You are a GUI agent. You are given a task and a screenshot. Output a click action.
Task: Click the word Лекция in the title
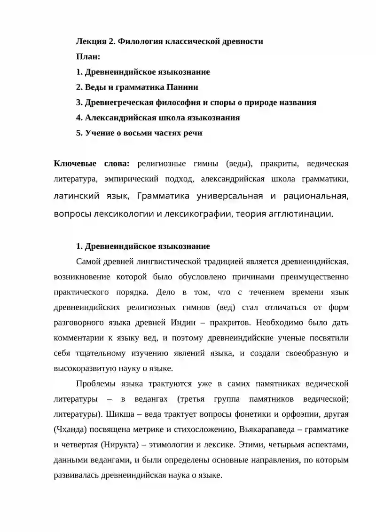tap(91, 41)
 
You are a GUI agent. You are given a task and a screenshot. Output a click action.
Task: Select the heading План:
tap(88, 57)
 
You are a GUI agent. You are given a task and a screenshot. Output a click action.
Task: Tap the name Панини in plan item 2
tap(183, 87)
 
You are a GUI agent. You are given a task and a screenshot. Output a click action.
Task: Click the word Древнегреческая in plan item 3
tap(116, 103)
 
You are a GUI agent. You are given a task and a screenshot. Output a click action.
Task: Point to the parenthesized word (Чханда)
tap(71, 429)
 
